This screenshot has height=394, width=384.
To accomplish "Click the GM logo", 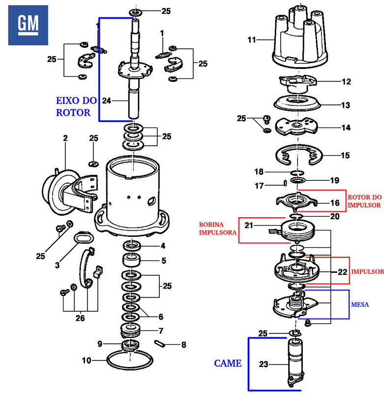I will pos(29,25).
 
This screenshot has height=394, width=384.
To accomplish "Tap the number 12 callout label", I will pos(347,81).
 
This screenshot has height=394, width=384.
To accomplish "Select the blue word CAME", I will pos(227,363).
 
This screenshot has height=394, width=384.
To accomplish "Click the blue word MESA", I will pos(360,304).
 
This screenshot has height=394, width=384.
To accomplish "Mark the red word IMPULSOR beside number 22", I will pos(367,271).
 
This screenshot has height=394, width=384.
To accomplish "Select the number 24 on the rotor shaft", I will pos(107,100).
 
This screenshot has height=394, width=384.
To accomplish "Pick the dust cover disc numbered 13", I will pos(297,104).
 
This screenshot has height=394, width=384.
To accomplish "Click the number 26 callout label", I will pos(80,318).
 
